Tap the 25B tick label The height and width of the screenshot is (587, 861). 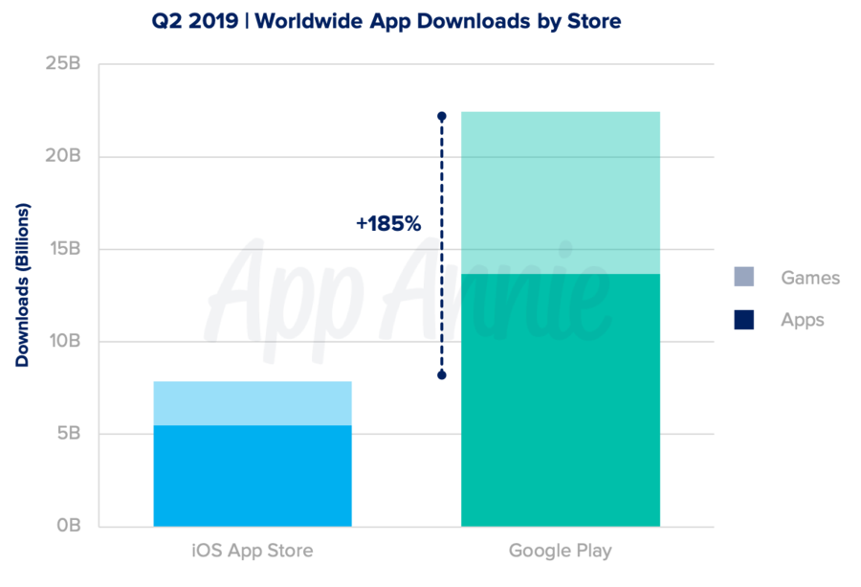(x=62, y=65)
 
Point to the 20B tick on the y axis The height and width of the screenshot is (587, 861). (x=62, y=157)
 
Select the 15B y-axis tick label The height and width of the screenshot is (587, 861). (x=63, y=249)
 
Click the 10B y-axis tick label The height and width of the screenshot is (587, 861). (x=62, y=342)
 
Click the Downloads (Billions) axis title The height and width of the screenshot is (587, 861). (x=22, y=285)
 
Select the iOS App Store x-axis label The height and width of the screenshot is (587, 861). (x=253, y=551)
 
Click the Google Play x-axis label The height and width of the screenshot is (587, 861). (x=560, y=551)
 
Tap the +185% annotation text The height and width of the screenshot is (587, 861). (x=387, y=223)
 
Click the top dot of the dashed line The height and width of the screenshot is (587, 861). (x=442, y=116)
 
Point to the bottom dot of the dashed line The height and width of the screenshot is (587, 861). (x=442, y=375)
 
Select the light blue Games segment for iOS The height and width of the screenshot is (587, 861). (x=253, y=403)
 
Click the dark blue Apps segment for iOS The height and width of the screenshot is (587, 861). (x=253, y=476)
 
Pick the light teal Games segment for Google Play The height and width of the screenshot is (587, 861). (x=560, y=192)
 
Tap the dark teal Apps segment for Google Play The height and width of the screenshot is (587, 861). (x=560, y=400)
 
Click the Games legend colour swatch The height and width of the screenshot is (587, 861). (x=744, y=278)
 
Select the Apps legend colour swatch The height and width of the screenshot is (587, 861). (x=744, y=320)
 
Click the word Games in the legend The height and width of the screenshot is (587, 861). (x=809, y=278)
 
